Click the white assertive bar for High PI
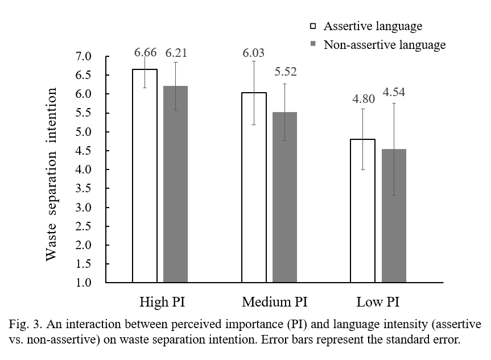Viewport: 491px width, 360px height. (x=145, y=176)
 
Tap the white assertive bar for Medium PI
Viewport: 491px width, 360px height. (x=254, y=187)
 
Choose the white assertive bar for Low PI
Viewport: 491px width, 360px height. (x=362, y=210)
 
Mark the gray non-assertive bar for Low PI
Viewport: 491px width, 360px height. (x=394, y=216)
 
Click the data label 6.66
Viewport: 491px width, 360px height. (x=146, y=53)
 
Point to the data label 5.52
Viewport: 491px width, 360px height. (x=286, y=72)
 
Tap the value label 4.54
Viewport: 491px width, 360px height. (x=394, y=92)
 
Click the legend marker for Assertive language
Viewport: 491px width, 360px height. (x=312, y=26)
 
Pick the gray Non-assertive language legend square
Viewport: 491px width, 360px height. (x=312, y=44)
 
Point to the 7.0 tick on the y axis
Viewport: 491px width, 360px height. (x=83, y=56)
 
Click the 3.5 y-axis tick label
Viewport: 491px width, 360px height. (x=83, y=188)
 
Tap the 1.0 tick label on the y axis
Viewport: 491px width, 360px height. (x=83, y=283)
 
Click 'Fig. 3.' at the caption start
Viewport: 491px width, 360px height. (x=23, y=325)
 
